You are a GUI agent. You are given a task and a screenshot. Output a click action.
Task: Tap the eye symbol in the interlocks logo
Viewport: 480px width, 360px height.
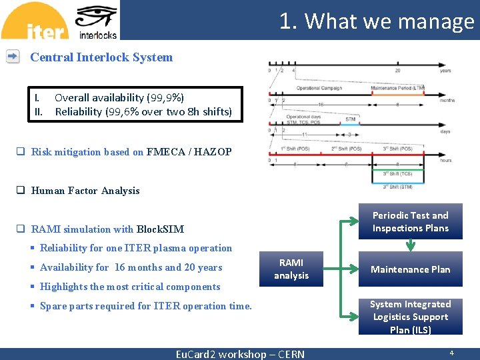coord(97,17)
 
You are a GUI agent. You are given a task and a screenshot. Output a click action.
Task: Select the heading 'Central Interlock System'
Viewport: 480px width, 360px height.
coord(101,57)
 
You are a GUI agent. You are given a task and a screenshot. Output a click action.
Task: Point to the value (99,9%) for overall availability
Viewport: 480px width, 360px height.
coord(165,97)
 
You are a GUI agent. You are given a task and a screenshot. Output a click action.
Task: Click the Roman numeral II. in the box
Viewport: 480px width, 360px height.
coord(38,111)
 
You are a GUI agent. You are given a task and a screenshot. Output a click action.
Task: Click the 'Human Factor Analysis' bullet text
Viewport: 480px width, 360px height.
coord(85,191)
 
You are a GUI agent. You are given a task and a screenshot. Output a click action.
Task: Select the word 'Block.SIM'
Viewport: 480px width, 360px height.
coord(160,229)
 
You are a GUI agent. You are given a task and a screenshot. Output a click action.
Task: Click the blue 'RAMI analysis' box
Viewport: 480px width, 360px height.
coord(291,269)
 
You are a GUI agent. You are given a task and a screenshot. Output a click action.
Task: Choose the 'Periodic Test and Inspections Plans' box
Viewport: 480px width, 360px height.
coord(410,221)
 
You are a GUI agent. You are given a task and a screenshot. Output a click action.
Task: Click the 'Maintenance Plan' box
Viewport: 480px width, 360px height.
coord(410,269)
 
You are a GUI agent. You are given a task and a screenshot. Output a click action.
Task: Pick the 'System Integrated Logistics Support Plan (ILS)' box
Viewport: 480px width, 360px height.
coord(410,317)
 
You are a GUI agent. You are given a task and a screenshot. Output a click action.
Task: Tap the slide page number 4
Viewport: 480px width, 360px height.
coord(451,353)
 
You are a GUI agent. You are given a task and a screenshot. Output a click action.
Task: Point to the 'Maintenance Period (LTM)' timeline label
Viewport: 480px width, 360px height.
coord(397,88)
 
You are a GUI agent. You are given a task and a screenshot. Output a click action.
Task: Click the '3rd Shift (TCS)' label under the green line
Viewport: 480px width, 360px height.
coord(397,174)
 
